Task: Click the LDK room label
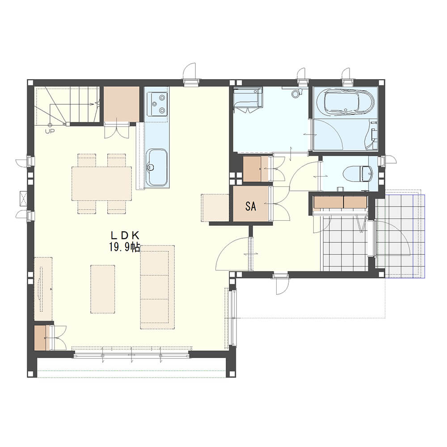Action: [125, 235]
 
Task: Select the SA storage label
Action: [251, 206]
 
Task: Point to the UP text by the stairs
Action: [50, 131]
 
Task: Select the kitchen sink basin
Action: [156, 167]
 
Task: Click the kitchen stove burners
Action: [156, 104]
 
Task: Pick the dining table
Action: [101, 184]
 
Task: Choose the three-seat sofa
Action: [157, 287]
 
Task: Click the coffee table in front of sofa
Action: [103, 289]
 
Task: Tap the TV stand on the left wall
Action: [43, 289]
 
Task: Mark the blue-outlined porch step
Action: [419, 236]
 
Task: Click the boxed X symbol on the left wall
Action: [23, 198]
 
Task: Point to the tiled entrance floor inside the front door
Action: [344, 244]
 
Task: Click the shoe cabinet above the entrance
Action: [340, 202]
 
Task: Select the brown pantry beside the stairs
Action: [121, 104]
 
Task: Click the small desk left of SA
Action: [215, 208]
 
